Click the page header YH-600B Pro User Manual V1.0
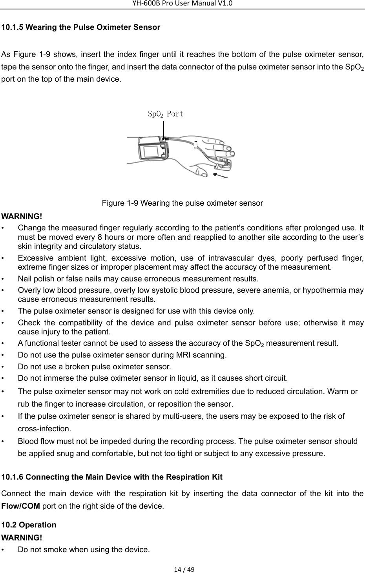point(183,4)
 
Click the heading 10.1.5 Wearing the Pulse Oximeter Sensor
point(81,27)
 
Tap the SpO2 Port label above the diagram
point(165,114)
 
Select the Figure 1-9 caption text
point(182,203)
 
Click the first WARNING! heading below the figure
point(22,216)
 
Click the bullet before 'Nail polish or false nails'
point(3,279)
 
